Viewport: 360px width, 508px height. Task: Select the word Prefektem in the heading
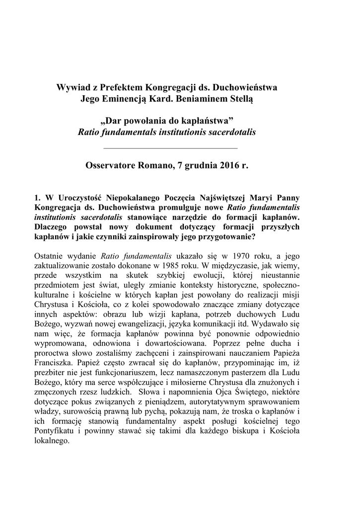(x=116, y=88)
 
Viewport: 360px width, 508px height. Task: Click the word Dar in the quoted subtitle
(x=113, y=122)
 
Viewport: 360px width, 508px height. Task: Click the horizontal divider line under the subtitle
(x=170, y=148)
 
